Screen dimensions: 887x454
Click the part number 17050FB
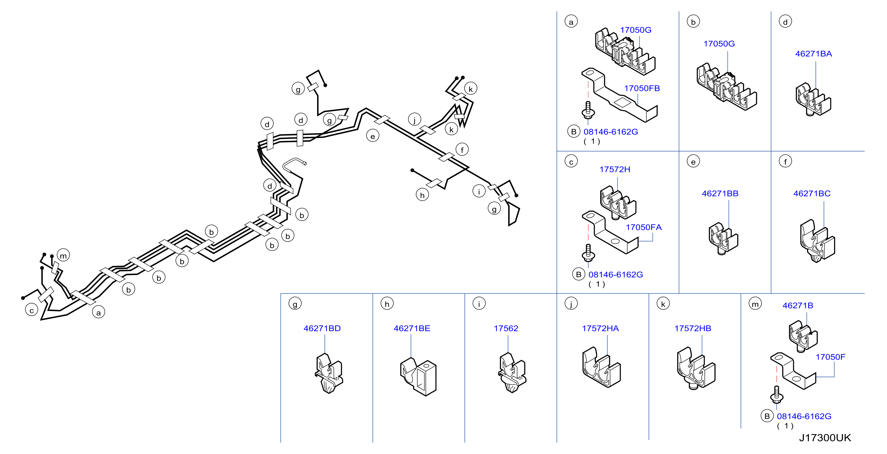(642, 88)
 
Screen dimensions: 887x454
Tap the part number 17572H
(615, 169)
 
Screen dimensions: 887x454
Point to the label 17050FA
(643, 227)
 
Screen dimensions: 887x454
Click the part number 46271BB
(720, 194)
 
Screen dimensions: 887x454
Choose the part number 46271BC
(812, 194)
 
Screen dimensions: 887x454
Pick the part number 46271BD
(322, 329)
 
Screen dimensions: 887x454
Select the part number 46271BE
(412, 329)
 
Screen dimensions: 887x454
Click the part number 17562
(506, 329)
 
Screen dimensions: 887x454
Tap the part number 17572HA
(600, 329)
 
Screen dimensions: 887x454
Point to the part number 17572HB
(692, 329)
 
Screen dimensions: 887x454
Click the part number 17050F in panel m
(830, 357)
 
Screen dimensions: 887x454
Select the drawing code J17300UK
(825, 438)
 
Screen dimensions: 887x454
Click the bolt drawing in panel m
(776, 395)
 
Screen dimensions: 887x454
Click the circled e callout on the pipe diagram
(373, 136)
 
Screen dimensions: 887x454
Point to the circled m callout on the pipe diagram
(63, 256)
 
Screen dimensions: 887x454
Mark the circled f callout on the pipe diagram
(462, 150)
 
